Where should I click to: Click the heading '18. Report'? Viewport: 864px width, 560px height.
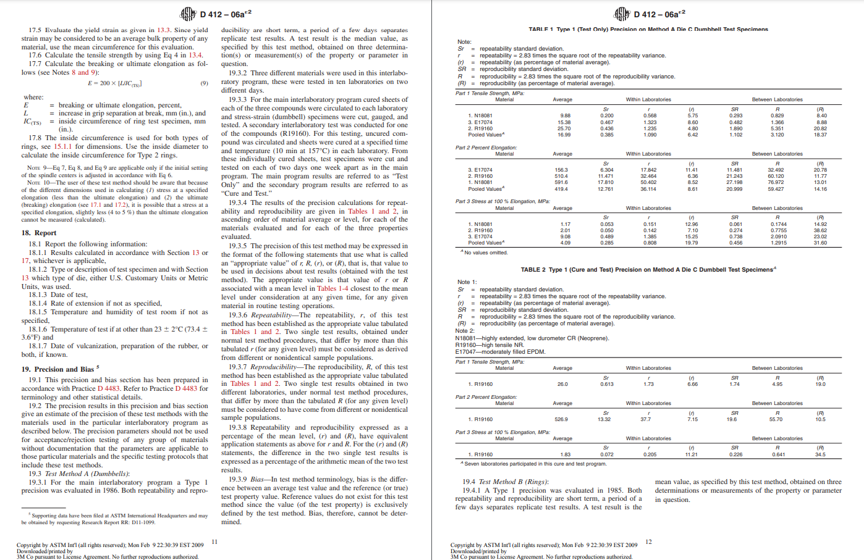(x=38, y=233)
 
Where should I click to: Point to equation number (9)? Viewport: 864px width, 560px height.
(x=204, y=83)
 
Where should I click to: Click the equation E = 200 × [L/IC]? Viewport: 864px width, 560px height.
(x=114, y=83)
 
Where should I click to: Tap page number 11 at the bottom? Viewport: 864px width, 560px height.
(x=214, y=541)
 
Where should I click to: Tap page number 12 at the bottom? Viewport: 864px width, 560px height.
(x=648, y=541)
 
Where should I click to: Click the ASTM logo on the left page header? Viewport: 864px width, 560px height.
(x=188, y=14)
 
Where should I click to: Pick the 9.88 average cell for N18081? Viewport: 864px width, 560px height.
(x=565, y=115)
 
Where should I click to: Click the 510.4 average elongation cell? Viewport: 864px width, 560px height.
(x=561, y=176)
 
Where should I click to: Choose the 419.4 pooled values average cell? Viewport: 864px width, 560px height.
(x=561, y=189)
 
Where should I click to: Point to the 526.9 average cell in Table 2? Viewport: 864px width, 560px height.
(x=561, y=419)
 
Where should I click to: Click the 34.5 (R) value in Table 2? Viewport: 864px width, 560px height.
(x=820, y=454)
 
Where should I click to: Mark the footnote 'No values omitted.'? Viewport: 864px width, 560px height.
(x=486, y=253)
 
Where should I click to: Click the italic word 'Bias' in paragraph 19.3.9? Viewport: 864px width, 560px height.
(x=258, y=479)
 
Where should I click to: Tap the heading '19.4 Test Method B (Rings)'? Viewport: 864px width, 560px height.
(x=505, y=482)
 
